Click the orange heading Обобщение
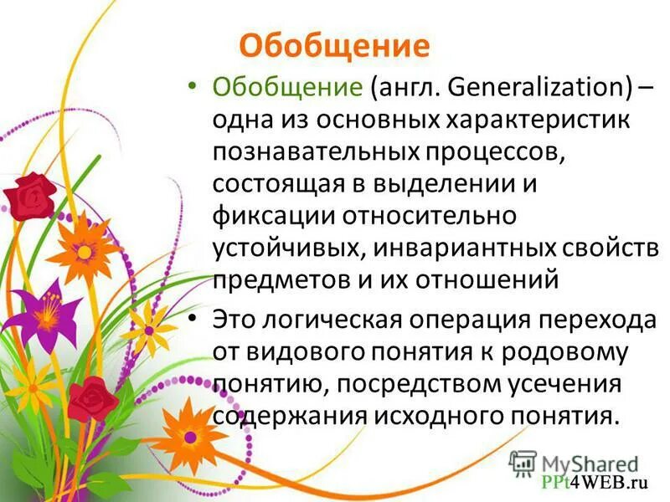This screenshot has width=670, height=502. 334,44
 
